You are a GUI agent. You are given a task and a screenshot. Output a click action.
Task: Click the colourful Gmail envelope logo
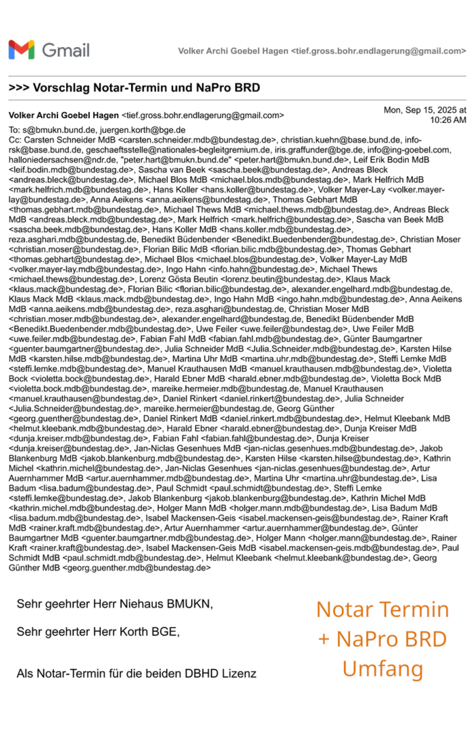tap(22, 49)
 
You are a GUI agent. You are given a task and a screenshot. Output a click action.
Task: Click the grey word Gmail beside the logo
tap(66, 50)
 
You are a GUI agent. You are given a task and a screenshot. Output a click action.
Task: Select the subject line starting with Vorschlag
tap(146, 87)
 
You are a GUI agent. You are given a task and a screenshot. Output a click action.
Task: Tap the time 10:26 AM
tap(448, 120)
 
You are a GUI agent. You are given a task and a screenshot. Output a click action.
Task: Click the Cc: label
tap(15, 140)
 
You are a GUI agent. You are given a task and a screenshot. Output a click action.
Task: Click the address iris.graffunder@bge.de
tap(319, 150)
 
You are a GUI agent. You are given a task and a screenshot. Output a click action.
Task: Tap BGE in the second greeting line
tap(165, 632)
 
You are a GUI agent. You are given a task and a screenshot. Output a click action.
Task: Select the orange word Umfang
tap(383, 669)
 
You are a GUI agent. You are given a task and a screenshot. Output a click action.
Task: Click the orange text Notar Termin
tap(383, 610)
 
